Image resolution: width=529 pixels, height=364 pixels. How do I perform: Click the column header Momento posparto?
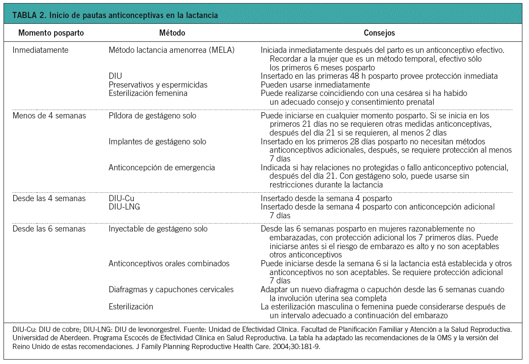(x=51, y=33)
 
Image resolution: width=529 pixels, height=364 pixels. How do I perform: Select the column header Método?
(x=172, y=33)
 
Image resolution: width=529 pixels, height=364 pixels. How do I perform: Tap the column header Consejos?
(x=379, y=33)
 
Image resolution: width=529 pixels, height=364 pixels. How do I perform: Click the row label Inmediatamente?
(x=40, y=50)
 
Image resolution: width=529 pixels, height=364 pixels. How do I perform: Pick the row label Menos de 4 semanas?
(x=49, y=116)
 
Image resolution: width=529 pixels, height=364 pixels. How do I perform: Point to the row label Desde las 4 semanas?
(x=49, y=199)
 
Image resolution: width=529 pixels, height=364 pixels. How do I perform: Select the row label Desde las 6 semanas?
(x=49, y=229)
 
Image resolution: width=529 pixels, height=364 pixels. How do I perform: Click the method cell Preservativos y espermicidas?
(x=158, y=85)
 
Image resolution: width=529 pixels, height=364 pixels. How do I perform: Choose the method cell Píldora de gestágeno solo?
(x=152, y=116)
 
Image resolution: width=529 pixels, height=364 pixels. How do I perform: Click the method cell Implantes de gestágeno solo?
(x=157, y=142)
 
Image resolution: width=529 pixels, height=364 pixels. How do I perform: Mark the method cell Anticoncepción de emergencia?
(x=162, y=168)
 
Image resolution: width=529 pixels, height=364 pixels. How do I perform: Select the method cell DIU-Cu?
(x=121, y=199)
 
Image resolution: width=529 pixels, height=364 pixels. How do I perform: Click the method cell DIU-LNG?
(x=124, y=207)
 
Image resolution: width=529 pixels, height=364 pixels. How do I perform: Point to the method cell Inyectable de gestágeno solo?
(x=158, y=229)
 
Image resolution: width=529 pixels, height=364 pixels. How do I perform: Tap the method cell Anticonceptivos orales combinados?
(x=169, y=264)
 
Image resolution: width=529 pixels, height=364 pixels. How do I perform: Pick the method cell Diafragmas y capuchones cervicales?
(x=171, y=290)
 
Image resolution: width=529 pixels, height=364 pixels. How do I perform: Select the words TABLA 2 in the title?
(x=29, y=15)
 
